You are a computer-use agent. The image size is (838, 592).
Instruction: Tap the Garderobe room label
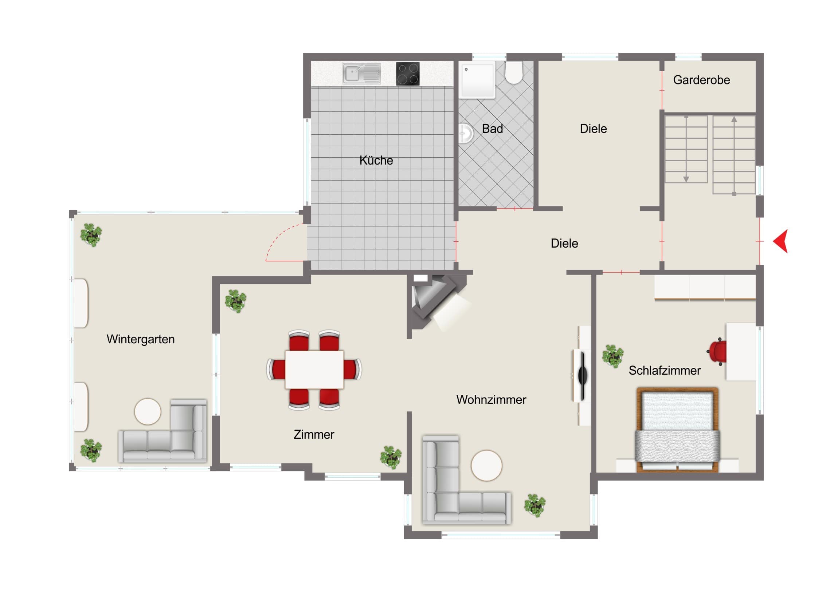701,80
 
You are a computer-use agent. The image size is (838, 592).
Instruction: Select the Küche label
376,160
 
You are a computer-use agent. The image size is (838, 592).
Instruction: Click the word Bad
492,129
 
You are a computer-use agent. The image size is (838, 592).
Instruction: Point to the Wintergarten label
141,339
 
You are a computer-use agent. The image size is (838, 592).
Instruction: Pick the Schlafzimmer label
665,371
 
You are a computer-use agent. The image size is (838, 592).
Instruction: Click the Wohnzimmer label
491,400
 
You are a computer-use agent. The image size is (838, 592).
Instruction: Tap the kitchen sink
362,74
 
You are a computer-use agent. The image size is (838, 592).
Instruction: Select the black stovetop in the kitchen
408,74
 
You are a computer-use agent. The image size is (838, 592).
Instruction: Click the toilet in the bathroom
514,72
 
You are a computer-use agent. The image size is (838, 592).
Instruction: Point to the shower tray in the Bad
477,80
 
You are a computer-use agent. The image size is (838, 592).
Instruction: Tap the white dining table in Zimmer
314,370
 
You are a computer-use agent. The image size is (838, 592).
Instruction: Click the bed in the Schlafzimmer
677,430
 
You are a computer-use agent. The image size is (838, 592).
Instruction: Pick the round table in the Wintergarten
148,411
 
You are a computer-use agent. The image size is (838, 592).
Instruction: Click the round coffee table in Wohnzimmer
486,466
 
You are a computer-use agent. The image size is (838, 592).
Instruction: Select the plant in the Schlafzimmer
613,356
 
